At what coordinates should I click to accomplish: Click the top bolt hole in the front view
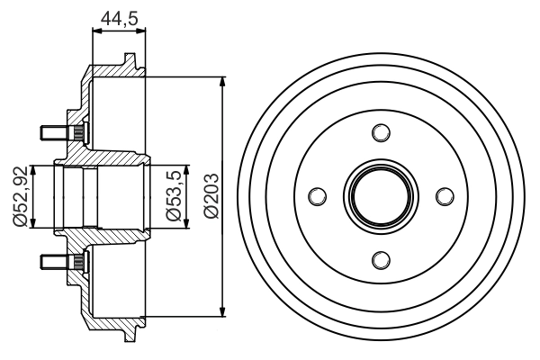(381, 133)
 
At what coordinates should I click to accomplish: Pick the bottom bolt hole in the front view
(381, 260)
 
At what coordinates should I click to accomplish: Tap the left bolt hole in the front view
(317, 196)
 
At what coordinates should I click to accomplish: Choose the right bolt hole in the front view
(444, 196)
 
